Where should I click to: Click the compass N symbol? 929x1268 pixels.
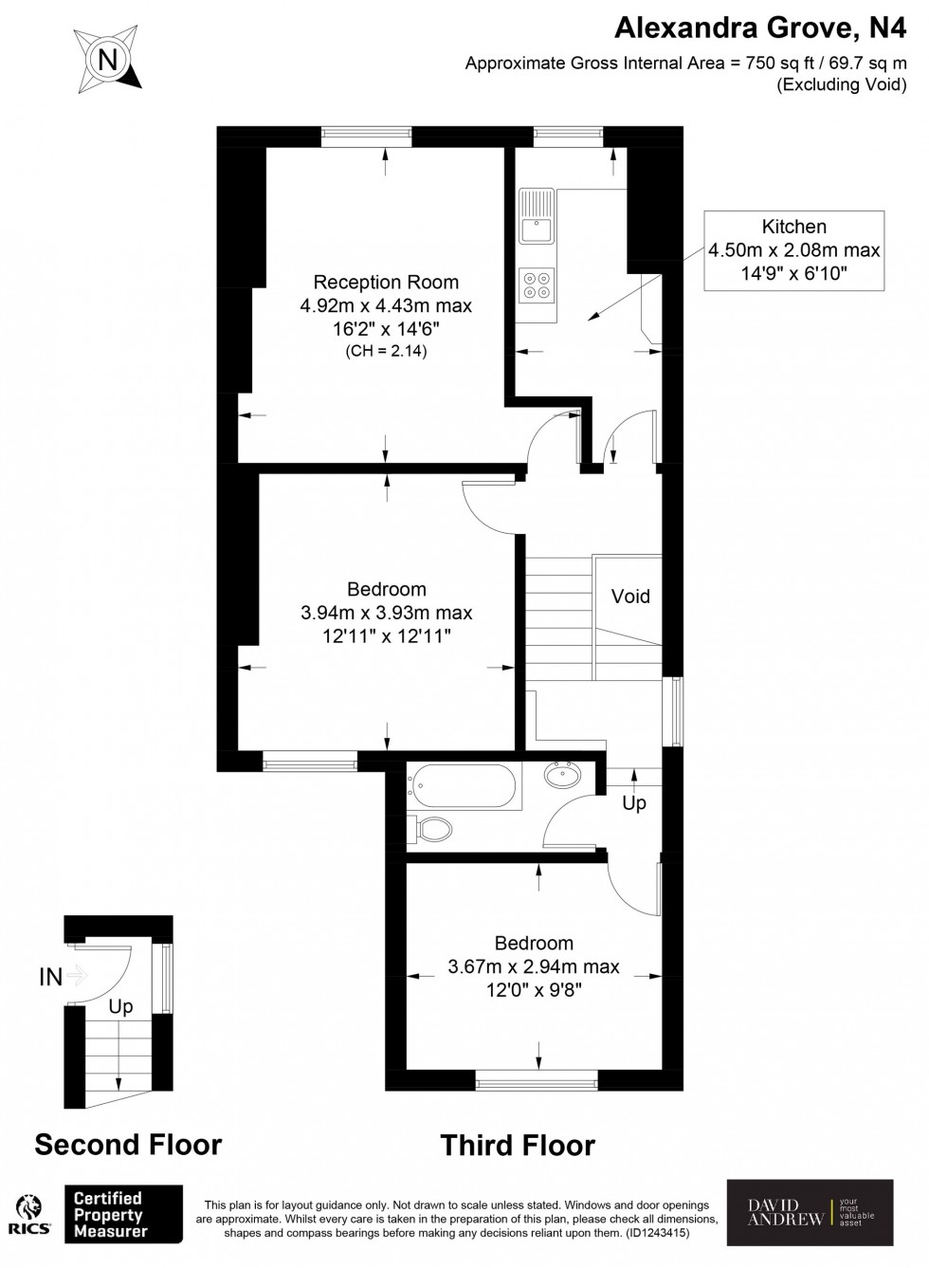tap(108, 60)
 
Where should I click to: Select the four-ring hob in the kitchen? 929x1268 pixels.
tap(537, 285)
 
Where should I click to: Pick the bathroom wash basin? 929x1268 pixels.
tap(562, 773)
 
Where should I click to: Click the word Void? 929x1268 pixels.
tap(630, 597)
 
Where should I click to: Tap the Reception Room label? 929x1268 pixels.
tap(386, 282)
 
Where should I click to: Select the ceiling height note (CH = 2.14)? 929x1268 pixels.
tap(386, 351)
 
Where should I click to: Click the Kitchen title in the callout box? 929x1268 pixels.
tap(793, 227)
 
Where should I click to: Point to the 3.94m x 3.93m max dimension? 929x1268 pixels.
tap(387, 613)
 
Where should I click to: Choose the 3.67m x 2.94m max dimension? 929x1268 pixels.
tap(534, 966)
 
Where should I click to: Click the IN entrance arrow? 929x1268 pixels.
tap(77, 975)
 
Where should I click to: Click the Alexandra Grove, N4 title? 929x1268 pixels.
tap(761, 28)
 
